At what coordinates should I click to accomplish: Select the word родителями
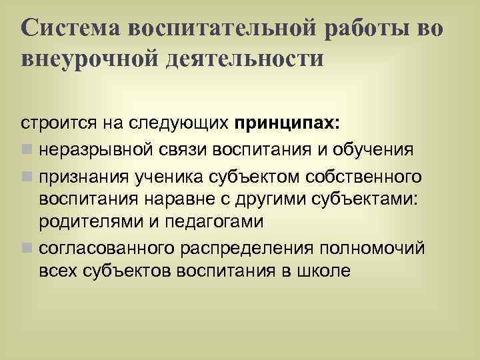click(x=88, y=221)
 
